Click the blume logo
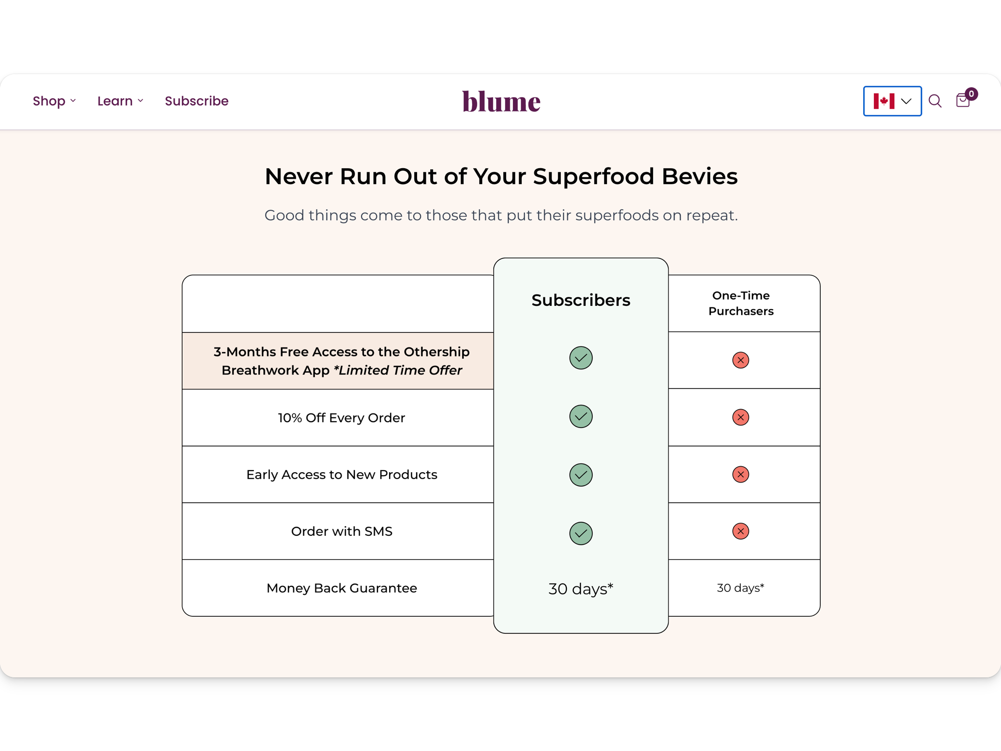[x=501, y=101]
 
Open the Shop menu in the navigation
[x=54, y=101]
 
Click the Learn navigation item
[x=120, y=101]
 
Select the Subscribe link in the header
[x=197, y=101]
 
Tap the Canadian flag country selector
[x=892, y=101]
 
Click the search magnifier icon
[x=935, y=101]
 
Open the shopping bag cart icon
[x=963, y=100]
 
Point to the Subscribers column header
[x=581, y=300]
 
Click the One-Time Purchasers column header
[x=741, y=303]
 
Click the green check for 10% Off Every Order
[x=581, y=417]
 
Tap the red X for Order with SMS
[x=741, y=531]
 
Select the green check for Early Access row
[x=581, y=475]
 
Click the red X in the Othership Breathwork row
[x=741, y=360]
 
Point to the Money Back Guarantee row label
[x=342, y=588]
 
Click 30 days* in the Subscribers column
[x=581, y=589]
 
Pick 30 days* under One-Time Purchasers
[x=741, y=588]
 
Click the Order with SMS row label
[x=342, y=531]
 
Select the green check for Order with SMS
[x=581, y=533]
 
